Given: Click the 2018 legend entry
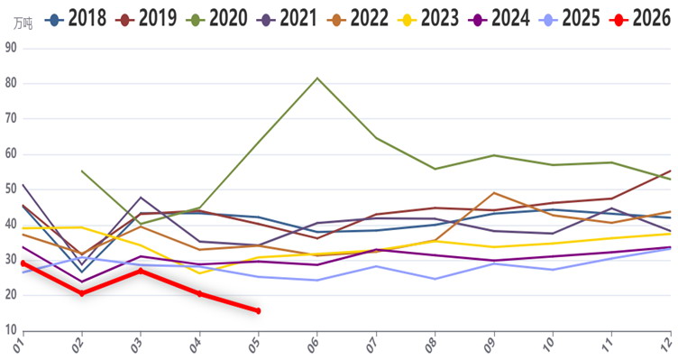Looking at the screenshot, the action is pos(76,19).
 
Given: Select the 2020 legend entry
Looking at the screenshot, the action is pos(216,19).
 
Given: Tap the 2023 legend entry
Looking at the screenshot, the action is pos(428,19).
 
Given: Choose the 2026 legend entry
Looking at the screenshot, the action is pos(640,19).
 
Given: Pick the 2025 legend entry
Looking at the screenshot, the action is pos(570,19).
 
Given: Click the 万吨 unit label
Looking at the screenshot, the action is pos(23,23).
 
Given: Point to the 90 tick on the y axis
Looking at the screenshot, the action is pos(11,48).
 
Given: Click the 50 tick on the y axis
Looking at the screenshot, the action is pos(11,189).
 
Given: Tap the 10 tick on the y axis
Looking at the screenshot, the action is pos(11,330).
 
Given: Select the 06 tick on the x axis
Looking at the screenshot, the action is pos(313,345).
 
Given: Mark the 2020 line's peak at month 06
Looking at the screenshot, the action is pos(317,78).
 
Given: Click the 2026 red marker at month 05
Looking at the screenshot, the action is pos(258,310).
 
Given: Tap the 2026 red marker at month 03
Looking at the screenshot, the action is pos(141,271).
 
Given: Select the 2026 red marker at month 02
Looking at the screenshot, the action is pos(82,293).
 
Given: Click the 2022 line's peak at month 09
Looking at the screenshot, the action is pos(494,193).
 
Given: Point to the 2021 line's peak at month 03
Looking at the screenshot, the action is pos(141,198).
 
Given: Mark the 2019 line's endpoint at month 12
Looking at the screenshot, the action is pos(670,171).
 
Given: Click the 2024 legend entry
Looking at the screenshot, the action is pos(499,19).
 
